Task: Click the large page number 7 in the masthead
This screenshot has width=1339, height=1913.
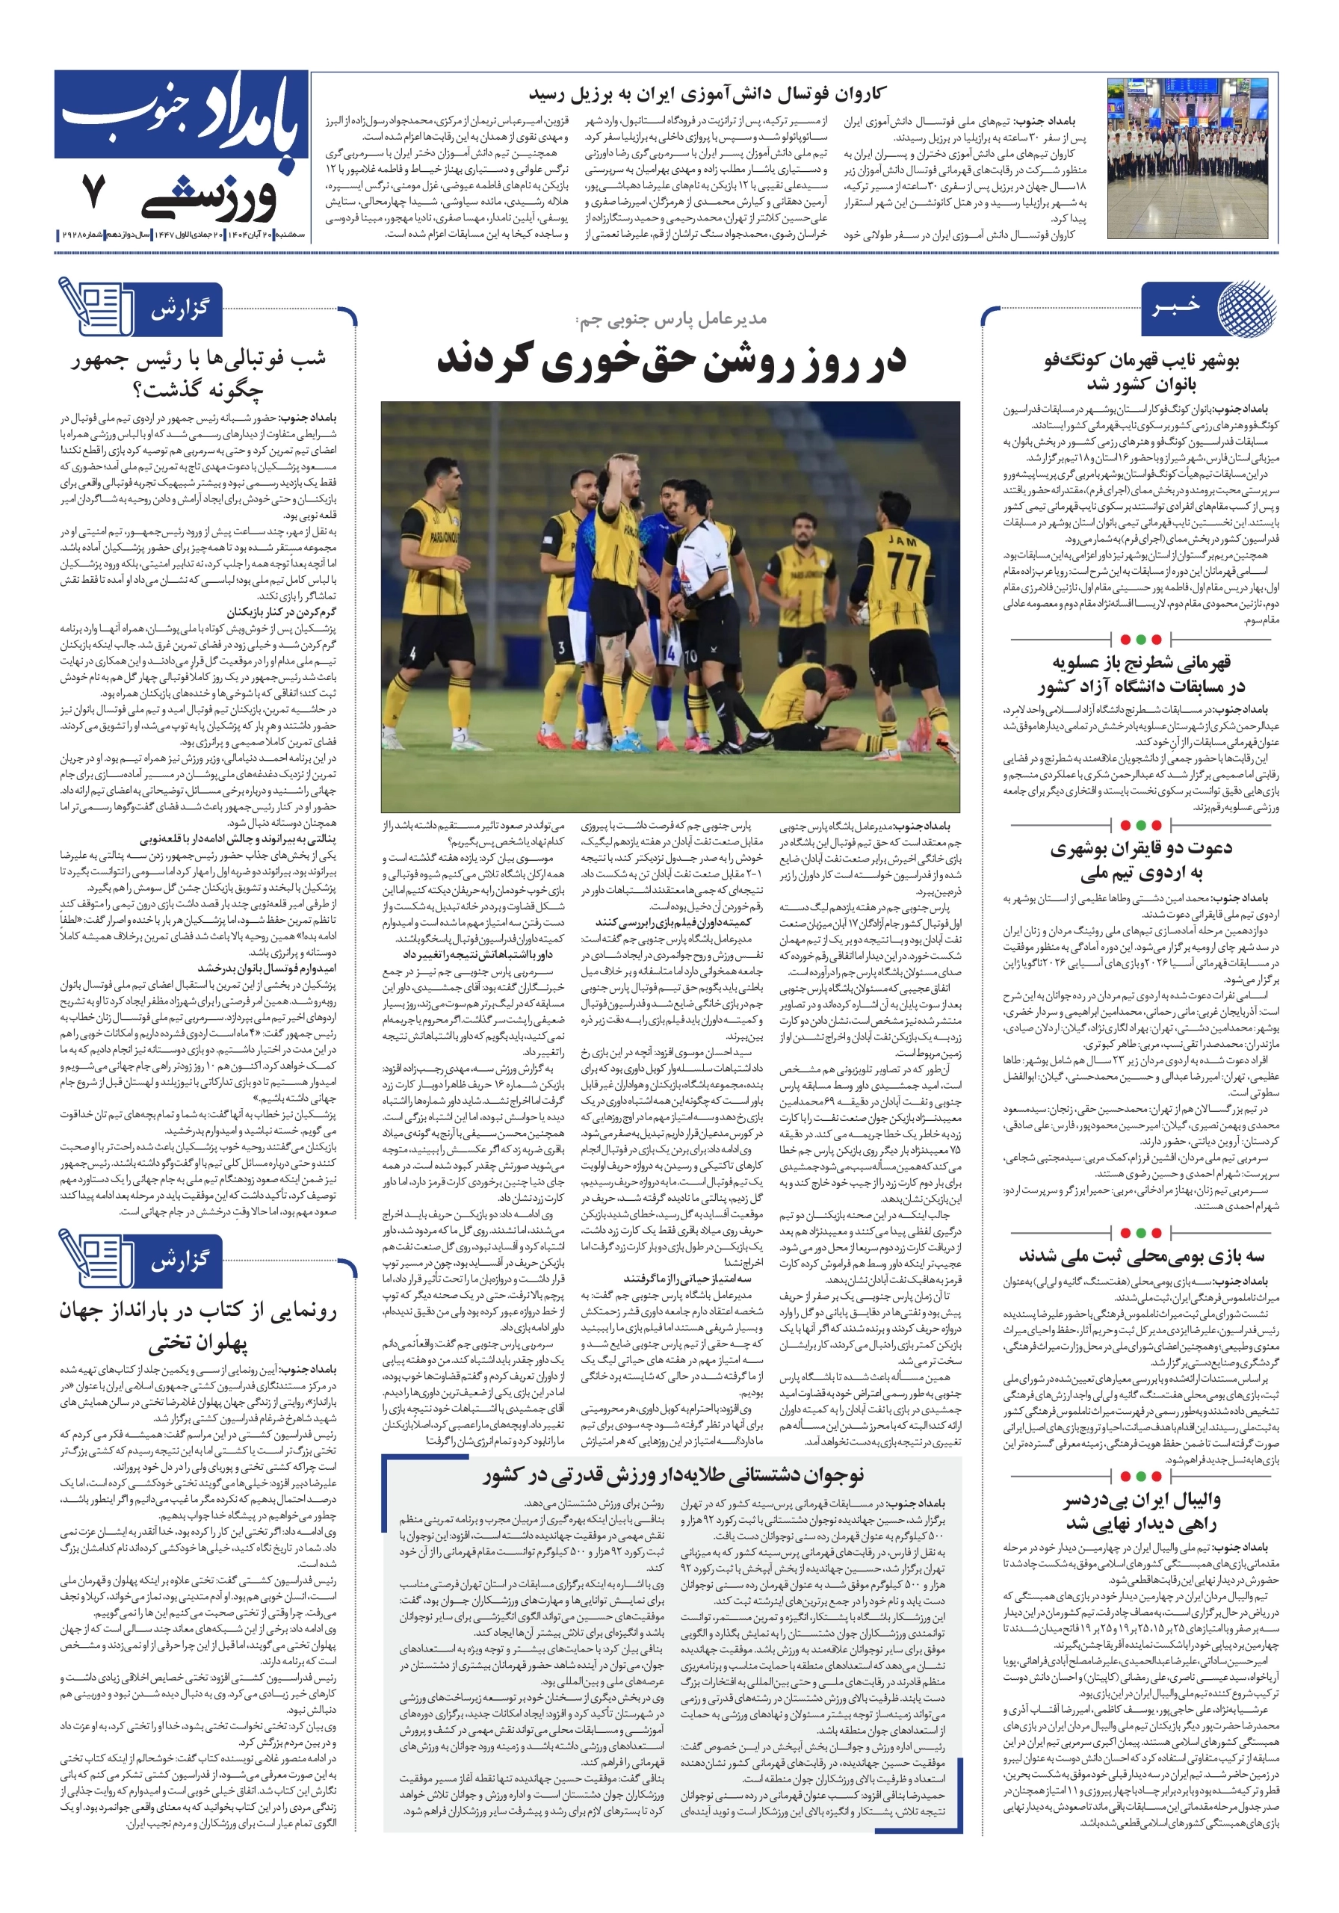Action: tap(93, 191)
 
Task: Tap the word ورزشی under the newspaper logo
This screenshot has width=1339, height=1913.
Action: tap(210, 198)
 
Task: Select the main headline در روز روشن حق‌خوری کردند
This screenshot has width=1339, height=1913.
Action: tap(671, 361)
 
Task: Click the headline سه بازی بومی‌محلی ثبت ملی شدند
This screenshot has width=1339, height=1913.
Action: tap(1141, 1255)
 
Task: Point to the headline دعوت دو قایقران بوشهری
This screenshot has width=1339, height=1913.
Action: tap(1141, 861)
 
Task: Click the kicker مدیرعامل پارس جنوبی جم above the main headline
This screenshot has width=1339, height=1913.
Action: tap(671, 320)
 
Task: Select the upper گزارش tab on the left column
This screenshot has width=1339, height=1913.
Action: tap(179, 310)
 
